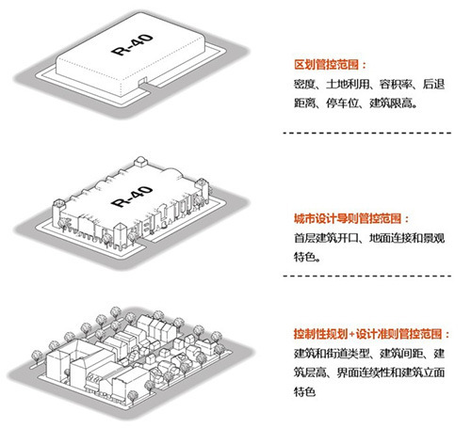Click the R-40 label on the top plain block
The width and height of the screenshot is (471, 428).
132,44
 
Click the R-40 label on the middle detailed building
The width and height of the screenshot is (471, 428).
132,197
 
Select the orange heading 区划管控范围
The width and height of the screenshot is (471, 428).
327,65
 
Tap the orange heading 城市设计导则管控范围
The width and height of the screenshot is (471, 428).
348,218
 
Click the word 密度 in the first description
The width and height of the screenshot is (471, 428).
304,84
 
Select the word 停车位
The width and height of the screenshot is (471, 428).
342,103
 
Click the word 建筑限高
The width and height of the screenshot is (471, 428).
391,103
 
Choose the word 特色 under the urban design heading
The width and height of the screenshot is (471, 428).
304,257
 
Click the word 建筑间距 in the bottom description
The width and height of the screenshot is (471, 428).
401,354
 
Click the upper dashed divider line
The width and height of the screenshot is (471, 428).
367,133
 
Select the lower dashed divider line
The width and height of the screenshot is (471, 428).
367,276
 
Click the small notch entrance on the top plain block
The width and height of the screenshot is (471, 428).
142,81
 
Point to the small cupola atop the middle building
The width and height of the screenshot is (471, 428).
140,162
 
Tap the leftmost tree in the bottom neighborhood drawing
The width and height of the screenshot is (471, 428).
37,357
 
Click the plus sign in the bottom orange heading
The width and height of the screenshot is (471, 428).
351,334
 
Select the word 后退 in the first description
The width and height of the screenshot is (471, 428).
433,84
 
